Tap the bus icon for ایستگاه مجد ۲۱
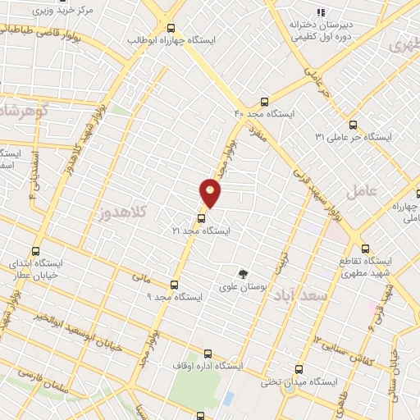(201, 218)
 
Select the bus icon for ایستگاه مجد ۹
(174, 284)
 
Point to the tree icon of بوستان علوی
(242, 274)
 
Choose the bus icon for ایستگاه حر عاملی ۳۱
(354, 124)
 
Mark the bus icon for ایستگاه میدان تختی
(299, 369)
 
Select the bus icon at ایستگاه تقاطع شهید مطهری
(365, 248)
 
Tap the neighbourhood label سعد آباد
(312, 294)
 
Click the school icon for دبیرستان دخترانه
(321, 12)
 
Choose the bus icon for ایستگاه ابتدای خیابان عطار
(34, 252)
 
